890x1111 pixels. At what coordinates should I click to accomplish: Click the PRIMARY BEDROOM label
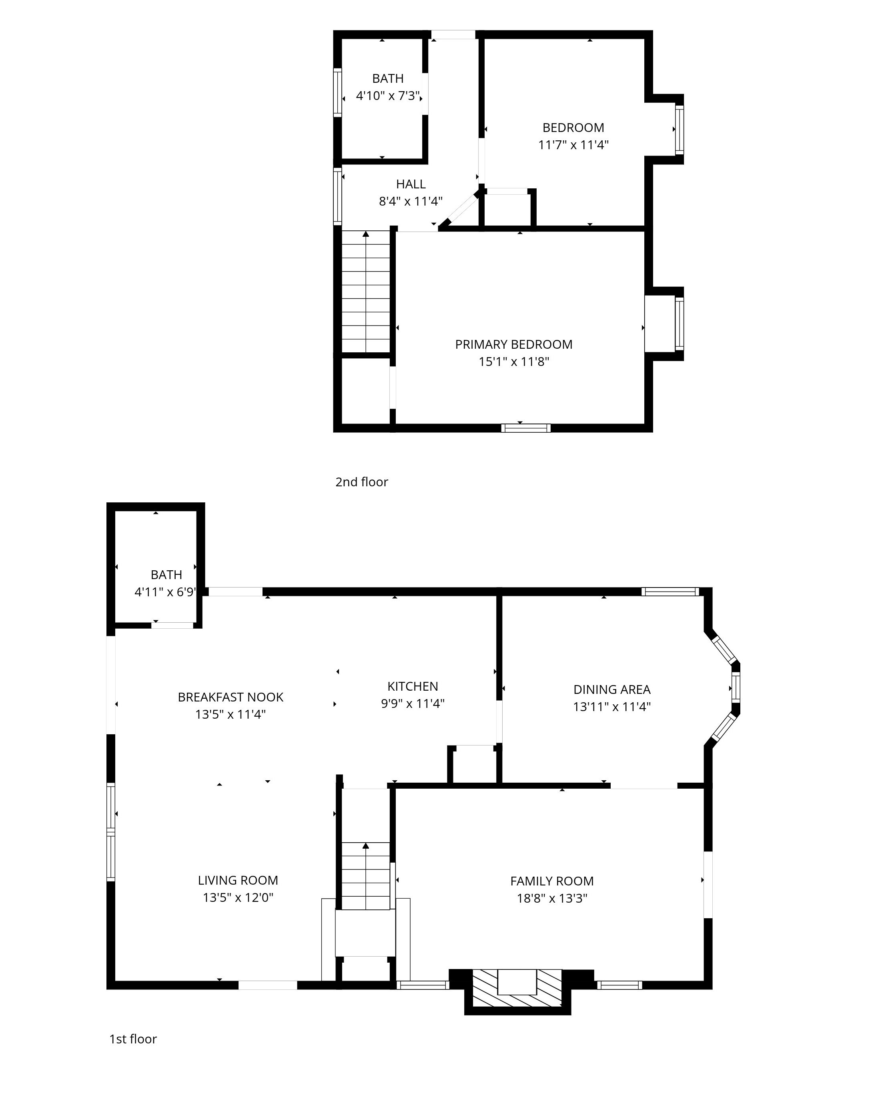513,344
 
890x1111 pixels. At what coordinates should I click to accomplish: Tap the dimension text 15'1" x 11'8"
513,362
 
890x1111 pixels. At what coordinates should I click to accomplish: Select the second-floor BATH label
388,78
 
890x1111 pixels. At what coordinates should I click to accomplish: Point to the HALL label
411,184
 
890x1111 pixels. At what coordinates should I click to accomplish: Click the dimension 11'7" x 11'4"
573,145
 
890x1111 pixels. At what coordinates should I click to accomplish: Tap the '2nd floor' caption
361,482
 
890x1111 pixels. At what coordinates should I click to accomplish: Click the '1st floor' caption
133,1039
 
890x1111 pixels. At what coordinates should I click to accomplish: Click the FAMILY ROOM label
552,881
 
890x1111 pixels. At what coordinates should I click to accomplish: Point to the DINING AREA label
611,689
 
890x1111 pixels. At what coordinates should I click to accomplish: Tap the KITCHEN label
413,686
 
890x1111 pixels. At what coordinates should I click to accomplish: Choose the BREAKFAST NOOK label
231,697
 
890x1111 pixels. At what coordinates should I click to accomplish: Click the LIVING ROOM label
238,880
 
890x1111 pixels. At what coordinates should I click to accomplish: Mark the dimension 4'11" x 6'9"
165,592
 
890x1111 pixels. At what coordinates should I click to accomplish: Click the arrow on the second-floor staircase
366,234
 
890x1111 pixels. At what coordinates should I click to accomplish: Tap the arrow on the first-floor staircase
366,845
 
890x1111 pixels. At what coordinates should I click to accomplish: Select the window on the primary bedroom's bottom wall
526,428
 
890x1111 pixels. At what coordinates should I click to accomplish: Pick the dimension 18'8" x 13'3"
552,898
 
